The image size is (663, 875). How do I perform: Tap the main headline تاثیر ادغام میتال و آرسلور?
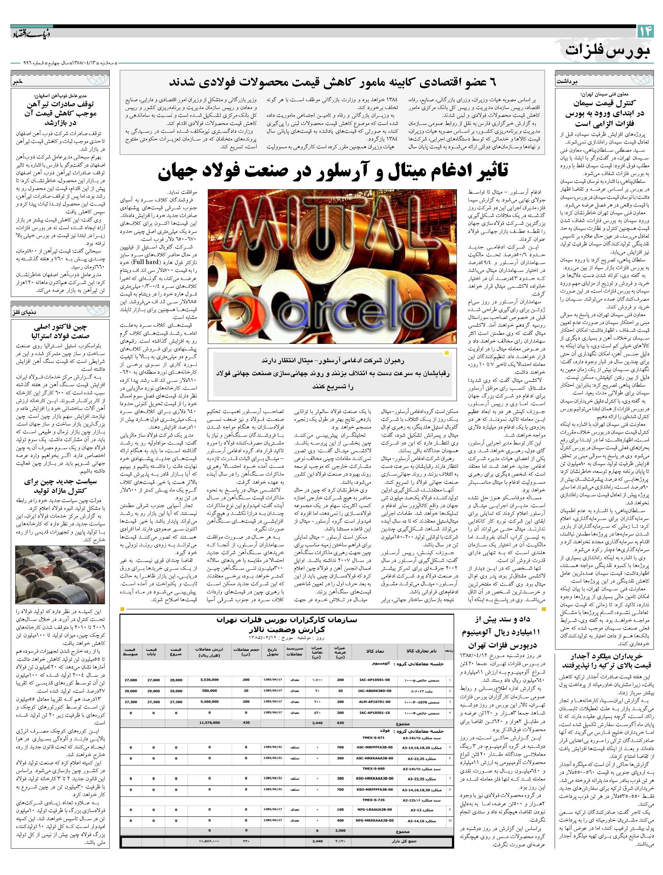(332, 171)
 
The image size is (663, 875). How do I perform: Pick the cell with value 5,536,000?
(209, 680)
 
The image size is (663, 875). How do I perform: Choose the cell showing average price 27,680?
(131, 680)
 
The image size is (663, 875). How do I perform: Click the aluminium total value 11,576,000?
(209, 722)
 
